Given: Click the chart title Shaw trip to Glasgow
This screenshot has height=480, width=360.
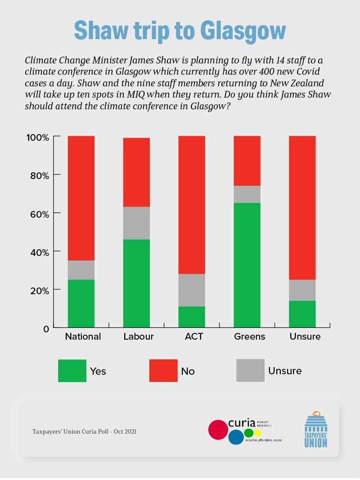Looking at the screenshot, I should [x=180, y=31].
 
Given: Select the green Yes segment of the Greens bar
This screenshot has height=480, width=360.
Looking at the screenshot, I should [x=247, y=265].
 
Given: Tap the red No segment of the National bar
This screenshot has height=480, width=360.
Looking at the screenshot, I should [x=81, y=198].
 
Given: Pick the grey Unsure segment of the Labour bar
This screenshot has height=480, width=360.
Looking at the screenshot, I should [x=136, y=223].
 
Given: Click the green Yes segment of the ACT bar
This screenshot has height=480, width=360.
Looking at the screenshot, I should [x=192, y=317].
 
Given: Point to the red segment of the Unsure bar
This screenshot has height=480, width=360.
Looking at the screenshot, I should [x=302, y=207].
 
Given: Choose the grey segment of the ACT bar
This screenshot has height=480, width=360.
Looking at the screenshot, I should [x=192, y=290].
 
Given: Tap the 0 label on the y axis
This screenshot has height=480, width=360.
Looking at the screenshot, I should [x=45, y=329].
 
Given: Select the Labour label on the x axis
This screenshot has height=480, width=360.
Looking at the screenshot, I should [x=139, y=336].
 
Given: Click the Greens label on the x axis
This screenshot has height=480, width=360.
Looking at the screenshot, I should [x=249, y=336].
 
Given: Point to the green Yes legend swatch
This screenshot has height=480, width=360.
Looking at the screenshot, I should [x=72, y=371].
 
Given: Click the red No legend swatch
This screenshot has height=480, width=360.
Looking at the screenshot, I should [x=163, y=371].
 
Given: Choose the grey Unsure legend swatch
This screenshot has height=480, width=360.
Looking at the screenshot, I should [x=250, y=371].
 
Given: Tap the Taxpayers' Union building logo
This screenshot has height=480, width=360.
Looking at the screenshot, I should [x=315, y=429].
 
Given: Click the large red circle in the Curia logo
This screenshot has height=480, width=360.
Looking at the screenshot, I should [x=218, y=429].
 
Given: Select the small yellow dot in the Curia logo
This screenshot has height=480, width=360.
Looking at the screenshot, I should [x=257, y=433].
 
